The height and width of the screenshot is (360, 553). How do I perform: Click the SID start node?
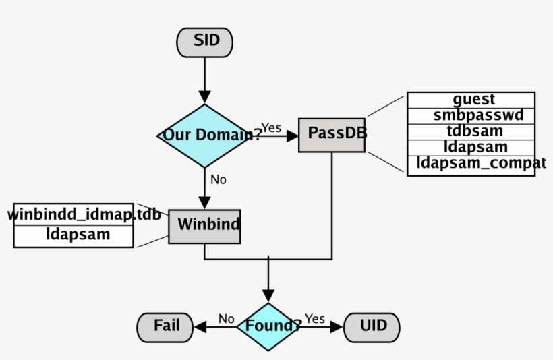coord(204,42)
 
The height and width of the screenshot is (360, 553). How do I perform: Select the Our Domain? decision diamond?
coord(204,136)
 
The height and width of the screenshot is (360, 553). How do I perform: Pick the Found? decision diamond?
coord(268,327)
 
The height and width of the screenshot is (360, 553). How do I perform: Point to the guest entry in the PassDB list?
coord(473,100)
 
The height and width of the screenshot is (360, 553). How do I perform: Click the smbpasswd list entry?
coord(473,115)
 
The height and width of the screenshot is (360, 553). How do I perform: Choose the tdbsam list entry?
coord(473,131)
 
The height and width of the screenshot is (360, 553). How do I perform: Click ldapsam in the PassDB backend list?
coord(473,147)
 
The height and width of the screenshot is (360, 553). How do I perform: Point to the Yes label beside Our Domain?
coord(271,127)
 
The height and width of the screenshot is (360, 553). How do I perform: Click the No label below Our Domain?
coord(219,179)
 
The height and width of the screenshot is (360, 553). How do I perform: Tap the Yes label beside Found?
coord(314,318)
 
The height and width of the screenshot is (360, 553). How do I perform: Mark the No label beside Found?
coord(226,318)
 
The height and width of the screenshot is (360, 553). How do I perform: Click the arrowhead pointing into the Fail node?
coord(200,327)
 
